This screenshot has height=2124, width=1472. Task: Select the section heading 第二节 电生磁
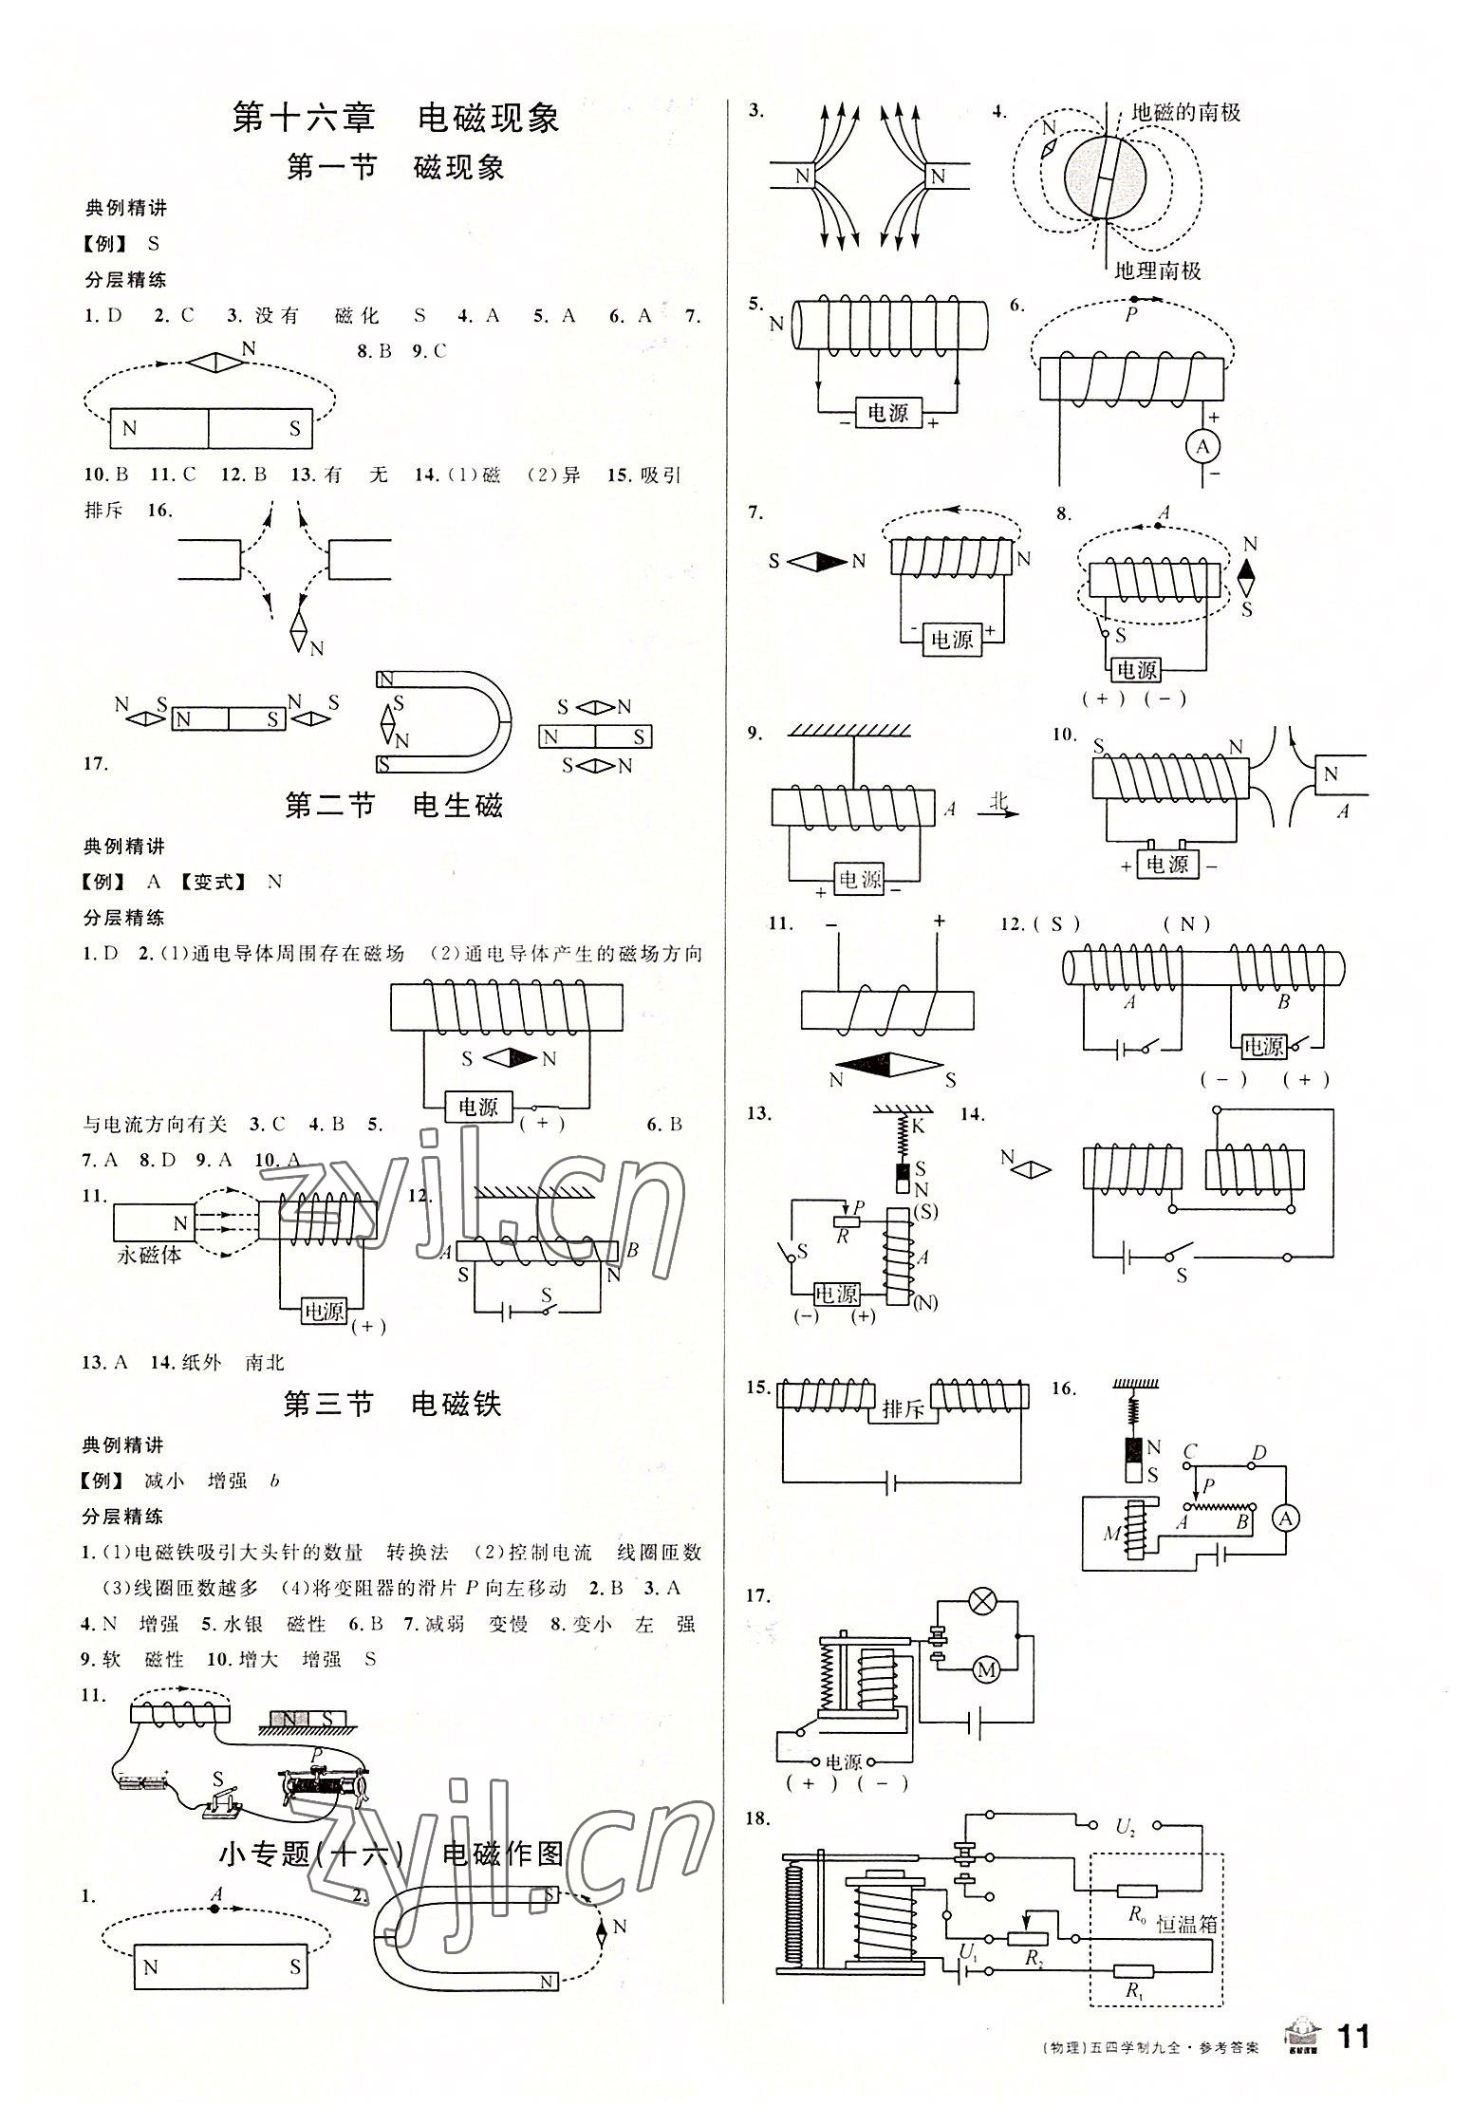(x=394, y=807)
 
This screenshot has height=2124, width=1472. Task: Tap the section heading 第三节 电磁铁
(x=393, y=1405)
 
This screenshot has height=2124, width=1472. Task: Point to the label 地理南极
(x=1157, y=270)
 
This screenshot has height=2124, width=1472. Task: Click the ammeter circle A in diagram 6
(x=1203, y=446)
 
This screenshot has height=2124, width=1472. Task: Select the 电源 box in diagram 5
(x=887, y=413)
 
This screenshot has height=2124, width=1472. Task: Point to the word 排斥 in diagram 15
(x=902, y=1409)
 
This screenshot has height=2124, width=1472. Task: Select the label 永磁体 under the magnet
(x=149, y=1255)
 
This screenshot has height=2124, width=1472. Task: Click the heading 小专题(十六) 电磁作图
(x=391, y=1854)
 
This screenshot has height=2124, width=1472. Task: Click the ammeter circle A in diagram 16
(x=1286, y=1518)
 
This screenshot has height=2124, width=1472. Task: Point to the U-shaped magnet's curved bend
(x=494, y=721)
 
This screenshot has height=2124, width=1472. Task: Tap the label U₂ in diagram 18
(x=1126, y=1827)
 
